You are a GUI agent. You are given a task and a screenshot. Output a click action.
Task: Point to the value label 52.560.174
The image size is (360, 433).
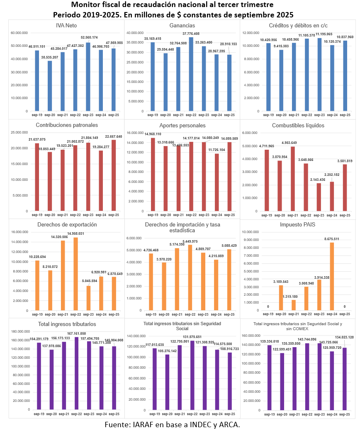click(x=89, y=37)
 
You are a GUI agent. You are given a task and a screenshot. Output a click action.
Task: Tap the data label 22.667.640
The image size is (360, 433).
click(x=114, y=136)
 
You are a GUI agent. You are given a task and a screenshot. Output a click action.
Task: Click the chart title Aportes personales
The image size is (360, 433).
click(x=182, y=125)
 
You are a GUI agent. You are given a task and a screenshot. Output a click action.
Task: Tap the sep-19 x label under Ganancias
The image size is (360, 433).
click(x=153, y=115)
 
